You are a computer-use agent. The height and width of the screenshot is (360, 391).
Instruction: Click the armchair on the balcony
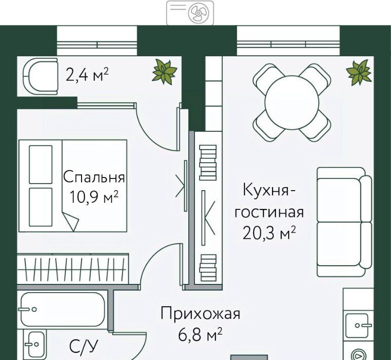coord(41,77)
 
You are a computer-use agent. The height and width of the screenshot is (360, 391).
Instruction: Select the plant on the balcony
coord(164,71)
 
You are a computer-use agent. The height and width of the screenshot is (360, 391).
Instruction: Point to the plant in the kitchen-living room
coord(359,71)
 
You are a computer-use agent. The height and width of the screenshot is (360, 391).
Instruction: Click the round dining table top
coord(292,102)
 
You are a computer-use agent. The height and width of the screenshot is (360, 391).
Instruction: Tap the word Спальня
coord(94,177)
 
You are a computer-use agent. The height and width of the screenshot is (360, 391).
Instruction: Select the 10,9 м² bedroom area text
coord(94,197)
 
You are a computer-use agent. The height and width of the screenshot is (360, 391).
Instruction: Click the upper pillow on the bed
coord(41,164)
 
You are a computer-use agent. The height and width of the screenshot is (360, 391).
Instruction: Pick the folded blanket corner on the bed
coord(70,221)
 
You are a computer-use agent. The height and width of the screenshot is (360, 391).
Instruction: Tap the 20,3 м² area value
coord(269,233)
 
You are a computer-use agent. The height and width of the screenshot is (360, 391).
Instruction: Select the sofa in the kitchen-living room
coord(344,222)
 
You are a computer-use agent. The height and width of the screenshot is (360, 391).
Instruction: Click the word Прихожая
coord(200,313)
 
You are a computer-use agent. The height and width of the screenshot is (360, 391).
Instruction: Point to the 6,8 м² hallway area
coord(200,334)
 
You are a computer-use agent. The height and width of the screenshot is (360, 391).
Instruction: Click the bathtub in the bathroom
coord(62,309)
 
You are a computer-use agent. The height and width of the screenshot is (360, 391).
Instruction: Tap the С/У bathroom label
coord(83,347)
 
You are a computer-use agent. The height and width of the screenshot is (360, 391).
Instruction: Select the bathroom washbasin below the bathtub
coord(34,344)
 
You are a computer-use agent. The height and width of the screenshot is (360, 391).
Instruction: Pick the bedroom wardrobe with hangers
coord(72,269)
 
